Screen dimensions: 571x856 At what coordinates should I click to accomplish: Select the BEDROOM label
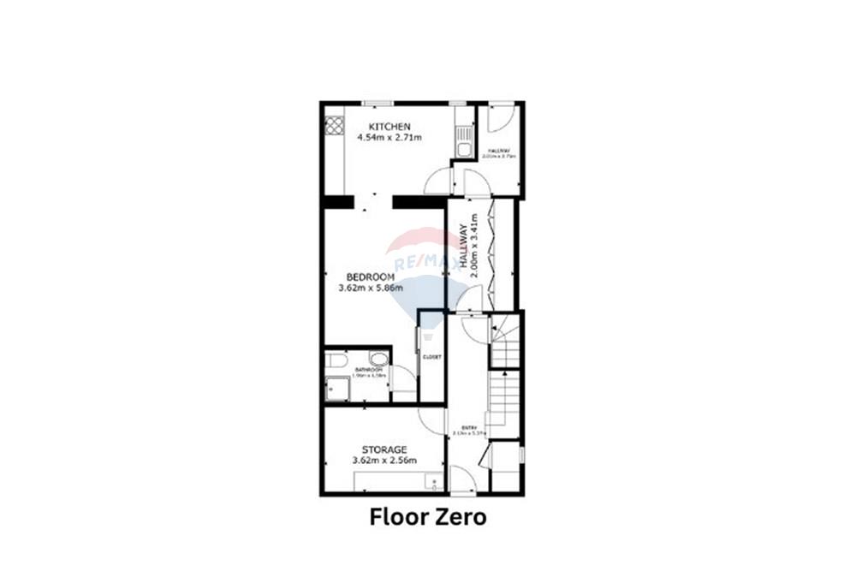370,277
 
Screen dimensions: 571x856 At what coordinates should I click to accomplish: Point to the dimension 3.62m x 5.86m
370,288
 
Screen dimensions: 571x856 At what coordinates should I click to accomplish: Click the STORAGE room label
383,449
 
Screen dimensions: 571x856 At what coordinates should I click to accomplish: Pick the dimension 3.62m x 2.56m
383,461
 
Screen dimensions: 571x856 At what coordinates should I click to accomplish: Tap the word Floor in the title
397,517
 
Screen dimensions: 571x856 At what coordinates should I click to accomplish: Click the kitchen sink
464,142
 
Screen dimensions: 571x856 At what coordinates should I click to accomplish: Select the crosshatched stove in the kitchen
334,126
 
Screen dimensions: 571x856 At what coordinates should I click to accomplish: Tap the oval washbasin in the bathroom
378,358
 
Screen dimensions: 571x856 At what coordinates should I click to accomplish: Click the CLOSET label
431,357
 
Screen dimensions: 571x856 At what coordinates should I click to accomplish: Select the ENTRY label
469,427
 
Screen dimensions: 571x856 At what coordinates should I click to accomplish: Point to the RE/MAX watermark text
419,262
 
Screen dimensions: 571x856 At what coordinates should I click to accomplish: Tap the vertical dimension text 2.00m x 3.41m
476,248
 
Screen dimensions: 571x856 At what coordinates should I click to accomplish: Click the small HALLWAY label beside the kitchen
499,151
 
